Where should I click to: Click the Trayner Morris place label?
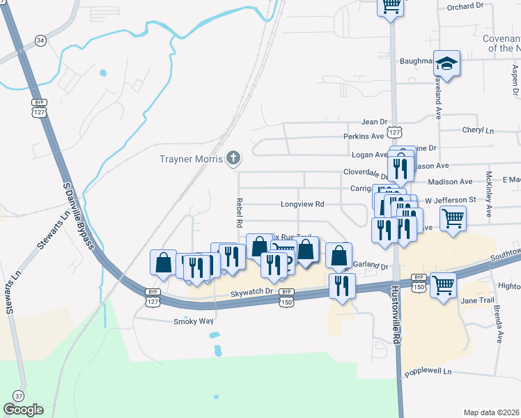pos(190,160)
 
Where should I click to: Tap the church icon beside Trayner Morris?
pos(234,160)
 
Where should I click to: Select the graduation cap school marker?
pos(446,64)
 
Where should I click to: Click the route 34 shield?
pos(41,41)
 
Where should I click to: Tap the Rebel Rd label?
pos(238,213)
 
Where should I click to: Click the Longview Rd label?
pos(302,205)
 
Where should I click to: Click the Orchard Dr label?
pos(465,6)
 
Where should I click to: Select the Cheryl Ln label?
pos(478,130)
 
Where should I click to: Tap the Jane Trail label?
pos(477,300)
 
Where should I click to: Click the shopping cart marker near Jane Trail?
pos(443,285)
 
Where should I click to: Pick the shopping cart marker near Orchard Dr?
pos(391,6)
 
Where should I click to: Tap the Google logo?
pos(24,410)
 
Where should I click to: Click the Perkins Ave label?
pos(364,137)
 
